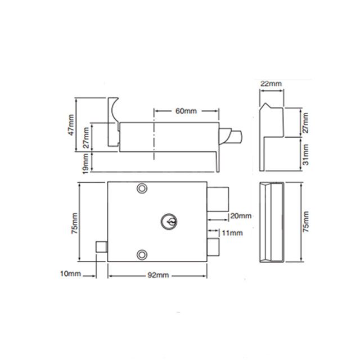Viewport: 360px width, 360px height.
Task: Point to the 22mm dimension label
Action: [x=271, y=83]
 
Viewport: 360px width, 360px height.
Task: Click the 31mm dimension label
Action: [x=305, y=152]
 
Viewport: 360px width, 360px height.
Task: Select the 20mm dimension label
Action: [x=240, y=216]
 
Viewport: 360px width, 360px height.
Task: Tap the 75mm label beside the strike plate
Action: [x=305, y=222]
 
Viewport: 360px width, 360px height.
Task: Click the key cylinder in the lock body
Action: [x=168, y=220]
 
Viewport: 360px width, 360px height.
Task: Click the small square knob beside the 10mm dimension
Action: [x=101, y=247]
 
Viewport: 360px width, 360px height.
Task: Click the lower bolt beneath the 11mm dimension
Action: [x=213, y=246]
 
